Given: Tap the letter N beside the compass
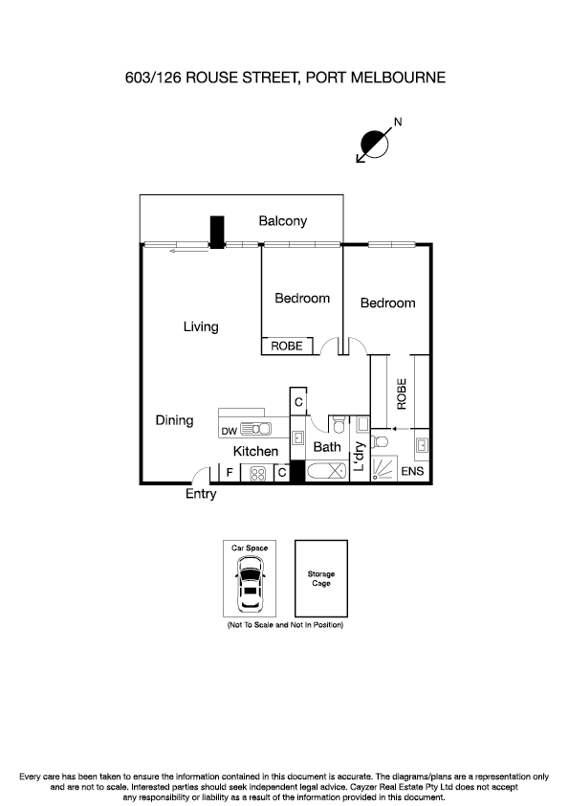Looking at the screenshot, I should [x=398, y=122].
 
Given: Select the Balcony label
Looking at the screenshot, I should [x=283, y=221].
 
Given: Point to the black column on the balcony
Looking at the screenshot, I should [x=217, y=233].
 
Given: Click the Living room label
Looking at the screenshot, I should [x=201, y=327].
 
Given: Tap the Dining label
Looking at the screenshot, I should [x=174, y=420].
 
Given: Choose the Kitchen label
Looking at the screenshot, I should [x=256, y=451].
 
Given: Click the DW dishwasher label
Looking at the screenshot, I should [x=229, y=432].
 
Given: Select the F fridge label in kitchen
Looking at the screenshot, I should [x=230, y=472].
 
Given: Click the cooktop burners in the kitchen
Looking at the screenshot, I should [x=257, y=473].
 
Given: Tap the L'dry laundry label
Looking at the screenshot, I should [x=360, y=459].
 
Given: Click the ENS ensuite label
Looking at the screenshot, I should [x=412, y=472].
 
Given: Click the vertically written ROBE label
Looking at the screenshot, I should [x=402, y=394].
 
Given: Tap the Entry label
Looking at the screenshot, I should [x=201, y=495].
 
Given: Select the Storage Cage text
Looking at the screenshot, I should [x=320, y=579].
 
